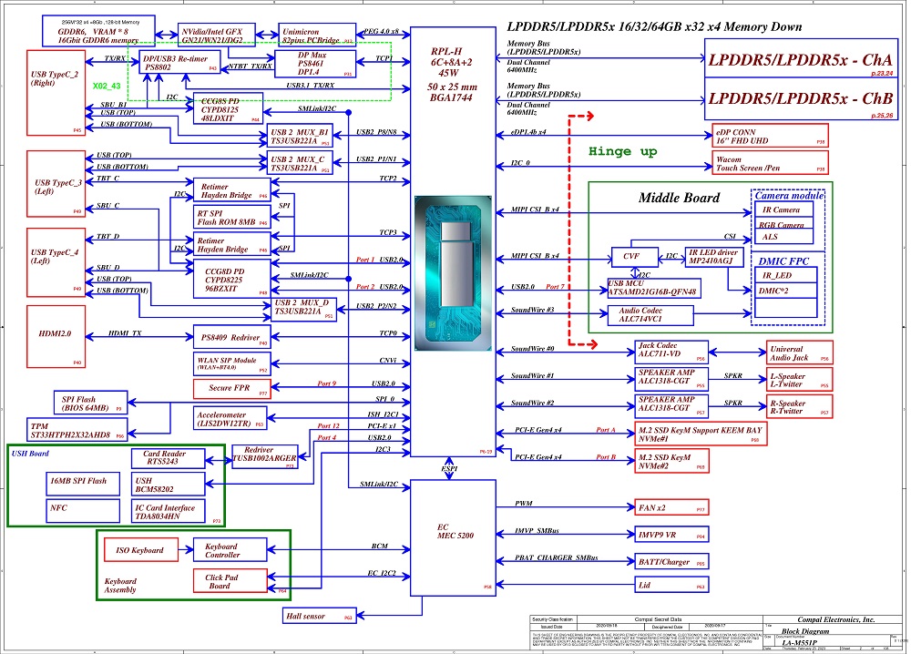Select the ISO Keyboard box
point(139,550)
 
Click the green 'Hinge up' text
point(622,152)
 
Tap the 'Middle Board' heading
point(679,198)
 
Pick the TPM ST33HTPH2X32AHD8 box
point(71,430)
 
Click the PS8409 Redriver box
point(231,337)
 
